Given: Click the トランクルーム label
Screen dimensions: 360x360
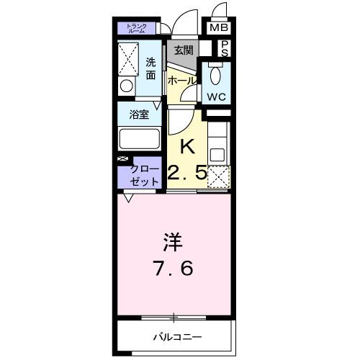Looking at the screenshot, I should (x=137, y=29).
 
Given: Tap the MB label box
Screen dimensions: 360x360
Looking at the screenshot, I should (x=219, y=29).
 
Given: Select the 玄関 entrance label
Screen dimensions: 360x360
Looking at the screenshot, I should (x=183, y=50).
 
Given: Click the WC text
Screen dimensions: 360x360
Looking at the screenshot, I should (x=217, y=96).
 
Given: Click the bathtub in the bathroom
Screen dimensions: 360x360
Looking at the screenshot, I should (x=139, y=138).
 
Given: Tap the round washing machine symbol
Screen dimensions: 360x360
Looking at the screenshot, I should (x=127, y=86).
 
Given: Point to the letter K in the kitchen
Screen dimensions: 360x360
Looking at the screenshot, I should (x=186, y=146).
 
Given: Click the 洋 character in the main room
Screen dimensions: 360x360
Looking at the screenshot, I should (x=172, y=240).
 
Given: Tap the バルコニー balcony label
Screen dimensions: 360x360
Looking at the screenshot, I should (x=177, y=336).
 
